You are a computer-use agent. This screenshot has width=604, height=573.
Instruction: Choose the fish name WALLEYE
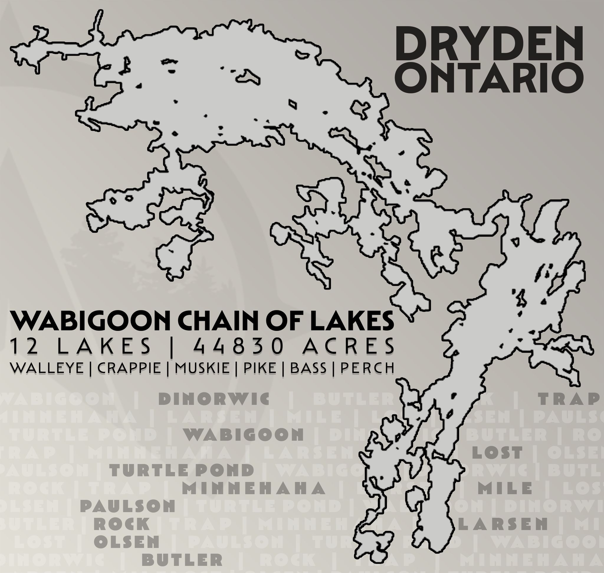coord(47,368)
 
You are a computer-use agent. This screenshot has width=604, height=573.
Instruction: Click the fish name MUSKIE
coord(202,368)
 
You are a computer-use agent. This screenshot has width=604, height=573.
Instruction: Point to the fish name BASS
coord(308,368)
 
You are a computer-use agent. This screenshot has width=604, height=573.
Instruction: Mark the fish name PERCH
coord(367,368)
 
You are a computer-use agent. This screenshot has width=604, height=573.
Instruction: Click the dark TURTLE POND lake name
coord(182,470)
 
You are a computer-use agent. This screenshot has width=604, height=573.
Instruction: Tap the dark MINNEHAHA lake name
coord(254,488)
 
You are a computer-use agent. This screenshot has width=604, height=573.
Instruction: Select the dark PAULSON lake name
coord(127,506)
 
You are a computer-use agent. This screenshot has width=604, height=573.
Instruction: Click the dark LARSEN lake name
coord(503,524)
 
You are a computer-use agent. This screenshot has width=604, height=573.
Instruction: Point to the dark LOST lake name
coord(497,452)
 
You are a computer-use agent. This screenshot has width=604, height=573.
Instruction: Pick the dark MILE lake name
coord(505,488)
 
